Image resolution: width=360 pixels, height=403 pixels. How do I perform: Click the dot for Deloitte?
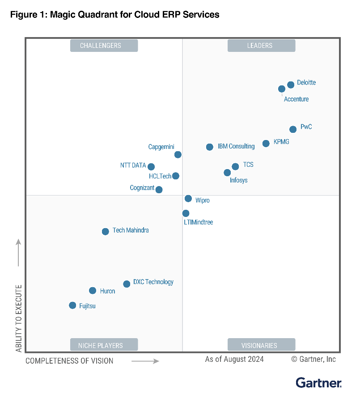[x=291, y=85]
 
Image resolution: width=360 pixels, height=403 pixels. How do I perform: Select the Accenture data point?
[x=282, y=89]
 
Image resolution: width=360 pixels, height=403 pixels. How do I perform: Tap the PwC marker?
[x=293, y=129]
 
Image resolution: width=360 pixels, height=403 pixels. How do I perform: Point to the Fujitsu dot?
[x=72, y=305]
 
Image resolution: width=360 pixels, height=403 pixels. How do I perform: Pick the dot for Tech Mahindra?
[x=105, y=232]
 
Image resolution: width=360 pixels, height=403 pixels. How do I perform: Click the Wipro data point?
[x=188, y=199]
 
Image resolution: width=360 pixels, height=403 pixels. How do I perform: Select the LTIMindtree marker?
[x=186, y=213]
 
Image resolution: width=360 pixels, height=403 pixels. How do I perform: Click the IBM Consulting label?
[x=236, y=146]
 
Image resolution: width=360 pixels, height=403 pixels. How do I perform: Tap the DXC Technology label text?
[x=153, y=282]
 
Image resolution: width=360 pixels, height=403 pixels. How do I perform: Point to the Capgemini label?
[x=161, y=147]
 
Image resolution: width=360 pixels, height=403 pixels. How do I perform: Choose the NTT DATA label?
[x=133, y=165]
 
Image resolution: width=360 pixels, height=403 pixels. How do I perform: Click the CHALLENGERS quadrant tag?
[x=104, y=46]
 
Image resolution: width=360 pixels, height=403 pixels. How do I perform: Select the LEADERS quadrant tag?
[x=261, y=46]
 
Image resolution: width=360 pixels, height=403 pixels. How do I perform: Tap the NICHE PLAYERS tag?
[x=104, y=345]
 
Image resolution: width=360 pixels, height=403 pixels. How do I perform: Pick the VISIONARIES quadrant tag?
[x=261, y=345]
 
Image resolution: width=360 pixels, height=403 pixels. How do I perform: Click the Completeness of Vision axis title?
[x=69, y=361]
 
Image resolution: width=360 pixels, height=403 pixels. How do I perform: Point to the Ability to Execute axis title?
[x=19, y=318]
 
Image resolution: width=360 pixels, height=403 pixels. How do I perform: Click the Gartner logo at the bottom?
[x=318, y=383]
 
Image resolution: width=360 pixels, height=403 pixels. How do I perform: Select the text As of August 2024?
[x=234, y=359]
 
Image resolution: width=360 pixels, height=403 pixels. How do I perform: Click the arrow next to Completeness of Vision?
[x=145, y=361]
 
